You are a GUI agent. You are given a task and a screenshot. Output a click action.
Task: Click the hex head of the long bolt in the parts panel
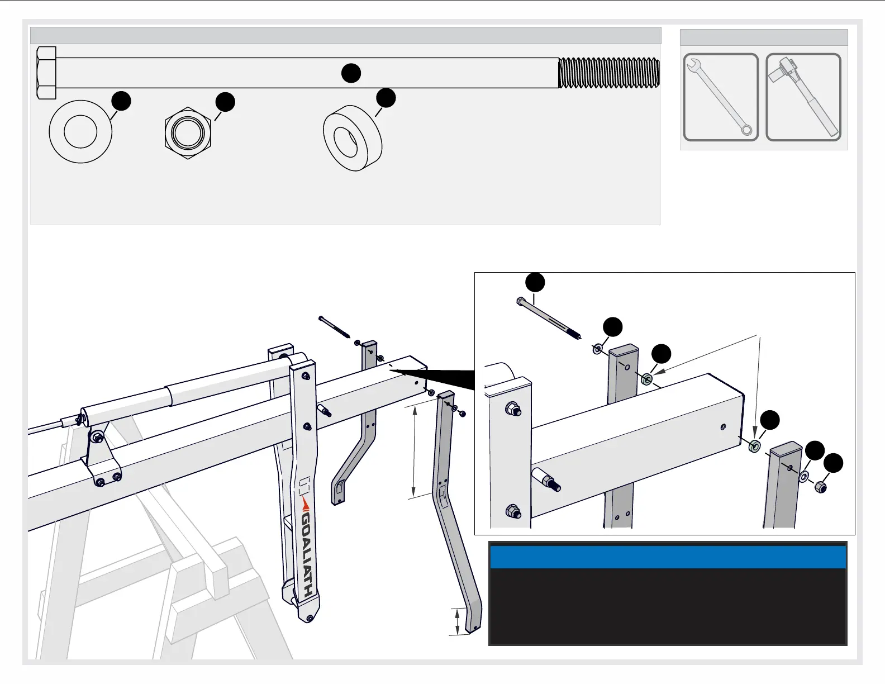point(46,73)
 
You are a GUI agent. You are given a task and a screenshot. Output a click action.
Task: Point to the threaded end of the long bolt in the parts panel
point(609,73)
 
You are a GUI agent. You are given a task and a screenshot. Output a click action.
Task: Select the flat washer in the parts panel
point(80,132)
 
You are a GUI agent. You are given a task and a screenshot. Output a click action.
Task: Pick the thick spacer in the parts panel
point(353,137)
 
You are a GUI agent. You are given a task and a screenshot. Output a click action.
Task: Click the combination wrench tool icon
point(721,97)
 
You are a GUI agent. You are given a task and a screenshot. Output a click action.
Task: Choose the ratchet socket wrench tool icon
point(803,97)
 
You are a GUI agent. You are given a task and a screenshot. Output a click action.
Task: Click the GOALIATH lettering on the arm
point(307,555)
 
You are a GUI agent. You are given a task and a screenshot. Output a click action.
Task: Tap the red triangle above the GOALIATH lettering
point(305,504)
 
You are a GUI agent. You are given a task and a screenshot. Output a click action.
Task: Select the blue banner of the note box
point(668,557)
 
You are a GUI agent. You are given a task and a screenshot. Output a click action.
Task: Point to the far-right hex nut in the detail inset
point(821,487)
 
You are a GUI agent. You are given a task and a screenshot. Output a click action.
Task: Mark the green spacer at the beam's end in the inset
point(753,446)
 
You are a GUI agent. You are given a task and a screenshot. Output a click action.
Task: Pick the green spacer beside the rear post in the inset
point(647,379)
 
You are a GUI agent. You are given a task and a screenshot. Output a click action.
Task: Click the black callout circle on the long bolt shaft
point(351,73)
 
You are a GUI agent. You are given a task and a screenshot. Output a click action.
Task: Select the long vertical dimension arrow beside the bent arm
point(414,452)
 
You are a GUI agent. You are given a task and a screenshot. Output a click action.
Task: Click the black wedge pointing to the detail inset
point(441,378)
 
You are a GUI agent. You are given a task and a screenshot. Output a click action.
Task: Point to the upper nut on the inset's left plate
point(511,409)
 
